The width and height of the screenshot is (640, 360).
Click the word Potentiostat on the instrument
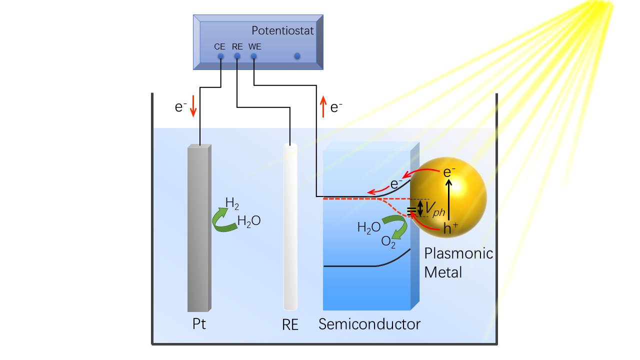[x=282, y=31]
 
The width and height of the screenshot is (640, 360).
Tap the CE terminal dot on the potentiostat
[x=220, y=56]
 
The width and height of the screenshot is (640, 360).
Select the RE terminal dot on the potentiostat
[x=237, y=56]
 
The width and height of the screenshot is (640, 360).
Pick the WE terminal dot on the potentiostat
[x=253, y=56]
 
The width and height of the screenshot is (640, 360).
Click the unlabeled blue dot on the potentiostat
[x=297, y=56]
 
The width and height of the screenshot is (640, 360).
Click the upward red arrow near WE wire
[x=323, y=107]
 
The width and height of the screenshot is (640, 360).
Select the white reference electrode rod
[x=290, y=227]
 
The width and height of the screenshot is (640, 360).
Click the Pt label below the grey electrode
[x=199, y=324]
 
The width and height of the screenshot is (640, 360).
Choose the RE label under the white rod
[x=290, y=325]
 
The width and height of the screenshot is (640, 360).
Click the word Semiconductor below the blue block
[x=369, y=324]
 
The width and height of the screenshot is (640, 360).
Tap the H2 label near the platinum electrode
[x=232, y=203]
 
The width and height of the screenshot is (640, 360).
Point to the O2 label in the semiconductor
[x=388, y=242]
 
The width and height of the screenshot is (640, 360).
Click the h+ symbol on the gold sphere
[x=449, y=228]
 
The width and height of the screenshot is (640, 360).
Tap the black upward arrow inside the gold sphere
[x=449, y=199]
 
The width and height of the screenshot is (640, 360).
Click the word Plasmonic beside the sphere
[x=458, y=253]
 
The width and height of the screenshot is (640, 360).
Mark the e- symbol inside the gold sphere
[x=449, y=172]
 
